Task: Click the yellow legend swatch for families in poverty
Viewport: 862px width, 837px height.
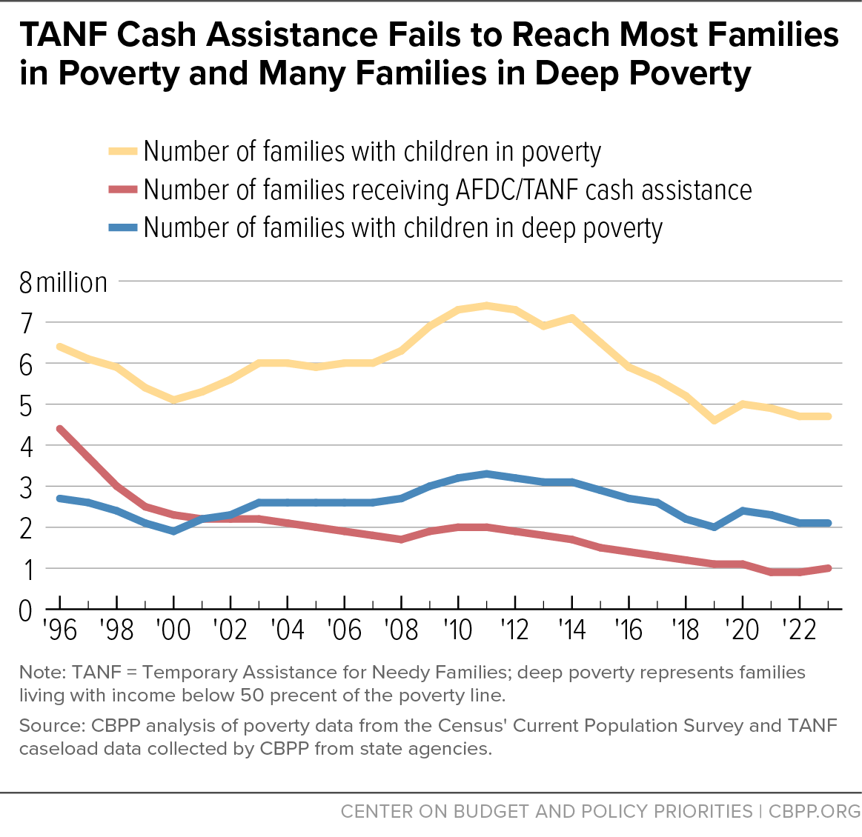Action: coord(122,151)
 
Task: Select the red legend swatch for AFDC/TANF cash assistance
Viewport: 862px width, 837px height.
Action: coord(122,190)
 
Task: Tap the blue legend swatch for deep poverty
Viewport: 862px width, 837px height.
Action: coord(122,227)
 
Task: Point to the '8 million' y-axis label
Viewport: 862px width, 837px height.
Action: coord(63,283)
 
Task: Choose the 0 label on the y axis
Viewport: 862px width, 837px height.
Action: coord(26,611)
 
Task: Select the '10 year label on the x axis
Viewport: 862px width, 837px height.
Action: coord(458,630)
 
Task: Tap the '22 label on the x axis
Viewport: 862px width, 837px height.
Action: coord(800,630)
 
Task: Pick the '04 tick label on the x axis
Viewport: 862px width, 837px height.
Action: coord(288,630)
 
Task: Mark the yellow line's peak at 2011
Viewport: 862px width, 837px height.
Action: coord(486,305)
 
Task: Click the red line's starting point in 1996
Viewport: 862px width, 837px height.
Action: coord(60,429)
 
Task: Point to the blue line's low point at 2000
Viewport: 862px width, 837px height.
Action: coord(173,531)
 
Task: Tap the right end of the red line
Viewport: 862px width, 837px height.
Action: coord(829,568)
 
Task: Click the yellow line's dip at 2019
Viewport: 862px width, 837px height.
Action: coord(714,420)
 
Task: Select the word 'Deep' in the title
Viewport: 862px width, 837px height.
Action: coord(577,73)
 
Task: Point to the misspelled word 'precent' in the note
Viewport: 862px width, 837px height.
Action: coord(303,696)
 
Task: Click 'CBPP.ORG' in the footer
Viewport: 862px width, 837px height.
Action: coord(814,811)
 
